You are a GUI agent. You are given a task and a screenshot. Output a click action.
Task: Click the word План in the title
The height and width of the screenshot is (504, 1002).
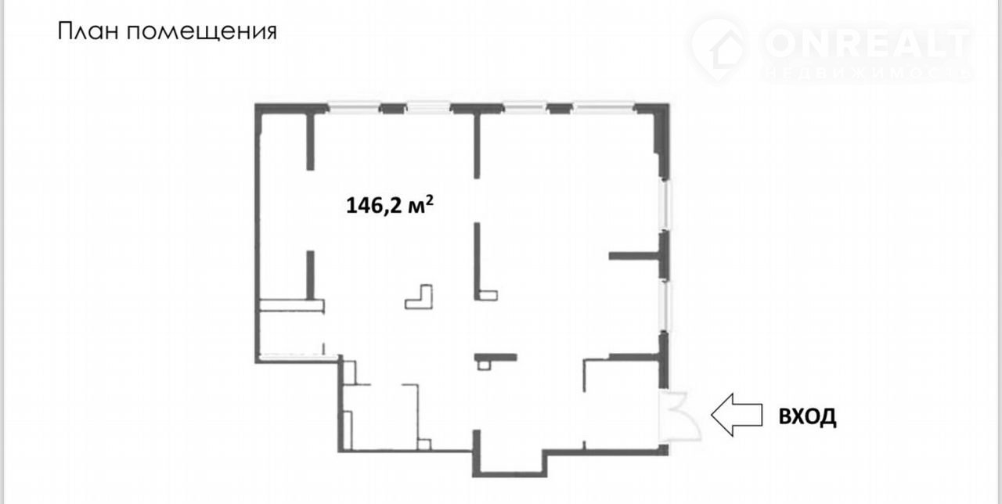[x=87, y=31]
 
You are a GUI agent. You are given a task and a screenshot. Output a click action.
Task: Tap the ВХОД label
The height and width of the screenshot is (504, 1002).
[x=807, y=416]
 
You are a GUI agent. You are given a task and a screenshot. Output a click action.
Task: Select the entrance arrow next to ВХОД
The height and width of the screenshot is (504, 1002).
[x=737, y=415]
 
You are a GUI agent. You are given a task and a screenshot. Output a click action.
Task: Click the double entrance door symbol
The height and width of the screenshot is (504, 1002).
[x=679, y=417]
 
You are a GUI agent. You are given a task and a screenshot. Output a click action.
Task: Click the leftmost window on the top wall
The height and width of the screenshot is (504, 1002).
[x=354, y=108]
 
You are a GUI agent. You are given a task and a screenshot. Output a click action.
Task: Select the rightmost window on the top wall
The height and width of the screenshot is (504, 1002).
[x=604, y=108]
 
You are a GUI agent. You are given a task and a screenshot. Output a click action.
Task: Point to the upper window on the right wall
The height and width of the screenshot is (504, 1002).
[x=666, y=204]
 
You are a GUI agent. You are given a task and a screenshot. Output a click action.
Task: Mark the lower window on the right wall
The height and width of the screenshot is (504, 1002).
[x=666, y=306]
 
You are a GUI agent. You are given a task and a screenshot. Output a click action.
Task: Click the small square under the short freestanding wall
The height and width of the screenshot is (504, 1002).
[x=484, y=365]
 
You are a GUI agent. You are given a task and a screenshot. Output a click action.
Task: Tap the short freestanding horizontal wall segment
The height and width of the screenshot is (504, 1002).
[x=496, y=358]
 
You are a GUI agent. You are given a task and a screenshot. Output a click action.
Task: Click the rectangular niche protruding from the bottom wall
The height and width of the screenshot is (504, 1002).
[x=510, y=463]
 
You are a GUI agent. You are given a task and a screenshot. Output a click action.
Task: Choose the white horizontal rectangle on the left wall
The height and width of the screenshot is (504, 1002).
[x=292, y=305]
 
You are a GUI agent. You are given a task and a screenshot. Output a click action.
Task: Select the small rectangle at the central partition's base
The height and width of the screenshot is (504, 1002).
[x=488, y=296]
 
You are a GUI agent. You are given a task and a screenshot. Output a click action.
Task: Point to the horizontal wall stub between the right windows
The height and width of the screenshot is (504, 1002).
[x=634, y=256]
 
